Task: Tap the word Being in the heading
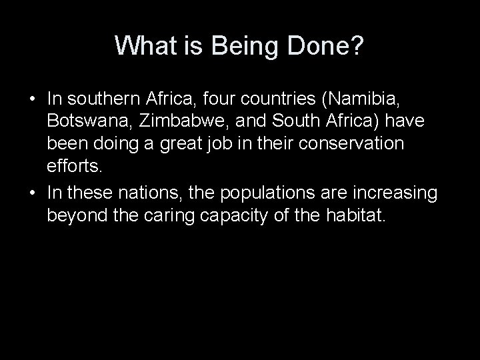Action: [x=235, y=46]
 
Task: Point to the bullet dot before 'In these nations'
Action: [x=32, y=193]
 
